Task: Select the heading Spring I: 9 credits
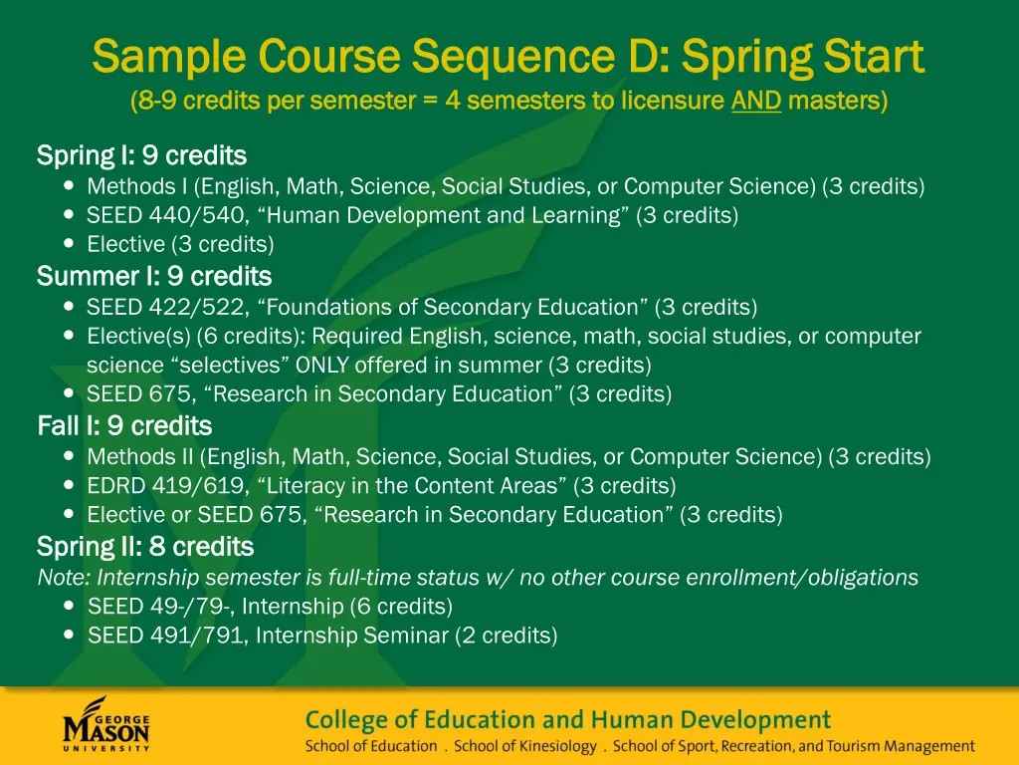click(141, 156)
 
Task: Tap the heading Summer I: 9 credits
click(153, 276)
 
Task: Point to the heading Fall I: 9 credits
click(124, 426)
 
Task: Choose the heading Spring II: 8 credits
click(145, 547)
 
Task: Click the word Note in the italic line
click(59, 578)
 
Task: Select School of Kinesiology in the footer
click(525, 746)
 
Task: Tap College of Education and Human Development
click(567, 719)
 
